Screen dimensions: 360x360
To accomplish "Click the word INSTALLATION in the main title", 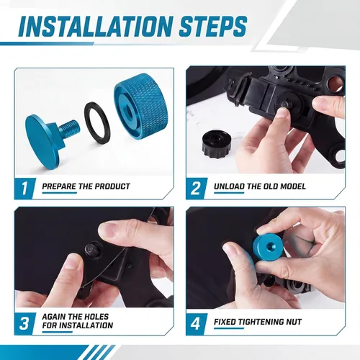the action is [96, 26].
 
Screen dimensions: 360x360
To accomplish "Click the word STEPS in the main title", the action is [213, 26].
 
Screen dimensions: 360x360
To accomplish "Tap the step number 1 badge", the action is [24, 189].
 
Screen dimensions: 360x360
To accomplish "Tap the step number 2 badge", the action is [196, 189].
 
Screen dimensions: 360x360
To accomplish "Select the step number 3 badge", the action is [24, 323].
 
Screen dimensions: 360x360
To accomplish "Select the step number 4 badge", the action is [196, 323].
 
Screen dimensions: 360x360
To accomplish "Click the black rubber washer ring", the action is [96, 123].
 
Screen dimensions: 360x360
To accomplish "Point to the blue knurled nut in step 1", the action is [141, 106].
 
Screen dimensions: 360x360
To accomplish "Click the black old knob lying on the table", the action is [217, 143].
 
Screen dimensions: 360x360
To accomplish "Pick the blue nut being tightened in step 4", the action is [267, 247].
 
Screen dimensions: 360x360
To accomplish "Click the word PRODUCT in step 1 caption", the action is [112, 186].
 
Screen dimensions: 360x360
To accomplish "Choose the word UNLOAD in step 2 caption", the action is [230, 186].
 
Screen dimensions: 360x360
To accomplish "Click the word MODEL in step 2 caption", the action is [293, 186].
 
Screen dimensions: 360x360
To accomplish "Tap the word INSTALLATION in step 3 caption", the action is [86, 325].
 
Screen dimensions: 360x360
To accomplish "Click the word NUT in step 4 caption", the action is [293, 322].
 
